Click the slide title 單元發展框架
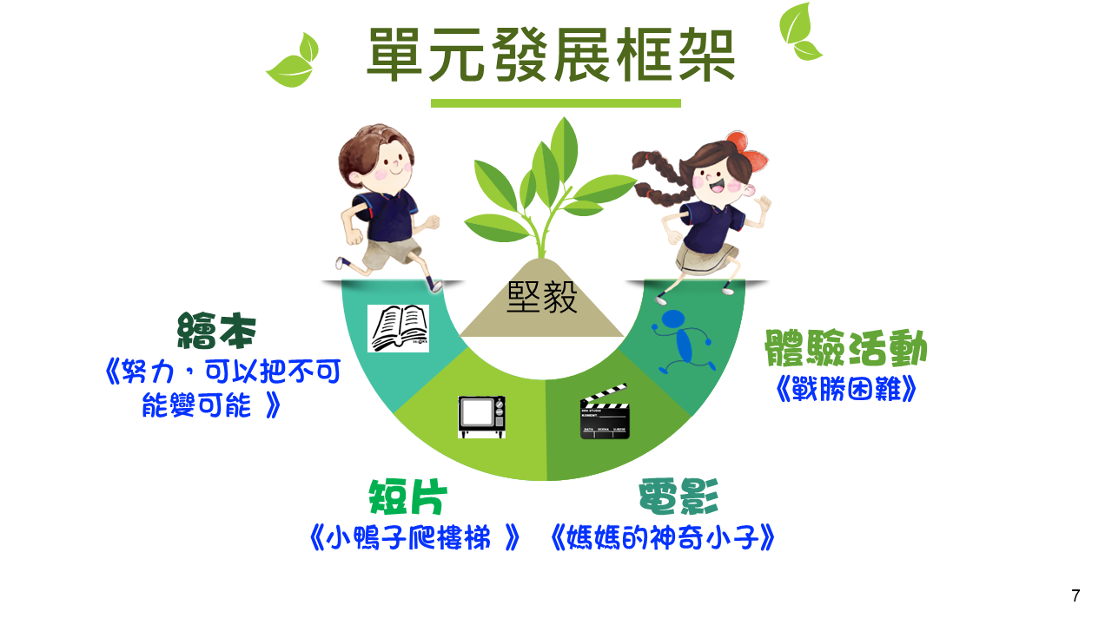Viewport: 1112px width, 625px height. coord(551,55)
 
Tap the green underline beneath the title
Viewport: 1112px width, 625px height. coord(555,103)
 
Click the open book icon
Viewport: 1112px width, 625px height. coord(398,328)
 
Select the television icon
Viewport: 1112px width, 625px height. coord(481,417)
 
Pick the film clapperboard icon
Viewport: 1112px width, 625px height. coord(605,411)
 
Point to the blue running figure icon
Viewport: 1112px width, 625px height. coord(684,342)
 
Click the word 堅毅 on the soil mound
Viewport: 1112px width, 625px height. coord(541,298)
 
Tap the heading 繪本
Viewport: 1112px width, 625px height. coord(216,331)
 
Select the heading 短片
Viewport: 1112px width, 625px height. coord(407,497)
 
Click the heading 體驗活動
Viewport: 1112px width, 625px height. coord(845,348)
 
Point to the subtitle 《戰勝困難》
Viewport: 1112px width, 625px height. coord(846,389)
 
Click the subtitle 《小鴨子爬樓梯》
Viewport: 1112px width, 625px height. coord(414,537)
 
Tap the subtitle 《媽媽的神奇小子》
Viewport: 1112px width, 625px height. coord(662,537)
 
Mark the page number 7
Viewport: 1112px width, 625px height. coord(1076,595)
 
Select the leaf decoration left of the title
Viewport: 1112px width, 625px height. coord(293,61)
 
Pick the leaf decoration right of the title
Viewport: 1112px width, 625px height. coord(800,32)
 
